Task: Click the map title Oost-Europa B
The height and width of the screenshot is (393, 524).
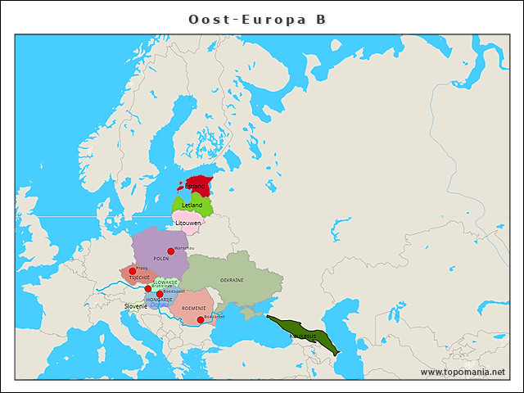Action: click(257, 19)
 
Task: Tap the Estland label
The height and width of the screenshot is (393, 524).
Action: click(195, 186)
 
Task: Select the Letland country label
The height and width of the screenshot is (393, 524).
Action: click(192, 205)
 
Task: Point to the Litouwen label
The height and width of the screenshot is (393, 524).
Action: click(188, 223)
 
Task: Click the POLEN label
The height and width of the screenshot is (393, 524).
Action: click(160, 258)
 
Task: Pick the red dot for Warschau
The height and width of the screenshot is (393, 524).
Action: click(170, 251)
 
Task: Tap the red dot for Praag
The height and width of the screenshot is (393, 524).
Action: click(132, 271)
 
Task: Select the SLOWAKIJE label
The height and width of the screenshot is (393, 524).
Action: click(165, 282)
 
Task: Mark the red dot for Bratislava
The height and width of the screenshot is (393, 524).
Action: click(148, 288)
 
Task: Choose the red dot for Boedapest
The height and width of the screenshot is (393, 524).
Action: click(160, 294)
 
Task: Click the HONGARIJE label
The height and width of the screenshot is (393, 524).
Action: click(159, 300)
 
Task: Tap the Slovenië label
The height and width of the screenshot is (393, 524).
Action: click(136, 306)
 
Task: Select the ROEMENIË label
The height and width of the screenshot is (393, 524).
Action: click(193, 308)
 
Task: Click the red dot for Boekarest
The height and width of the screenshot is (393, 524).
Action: click(201, 319)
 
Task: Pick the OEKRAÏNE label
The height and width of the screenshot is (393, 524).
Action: click(232, 280)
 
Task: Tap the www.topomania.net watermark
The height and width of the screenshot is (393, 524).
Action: click(463, 372)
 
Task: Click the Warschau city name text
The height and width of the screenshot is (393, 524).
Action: click(183, 247)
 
